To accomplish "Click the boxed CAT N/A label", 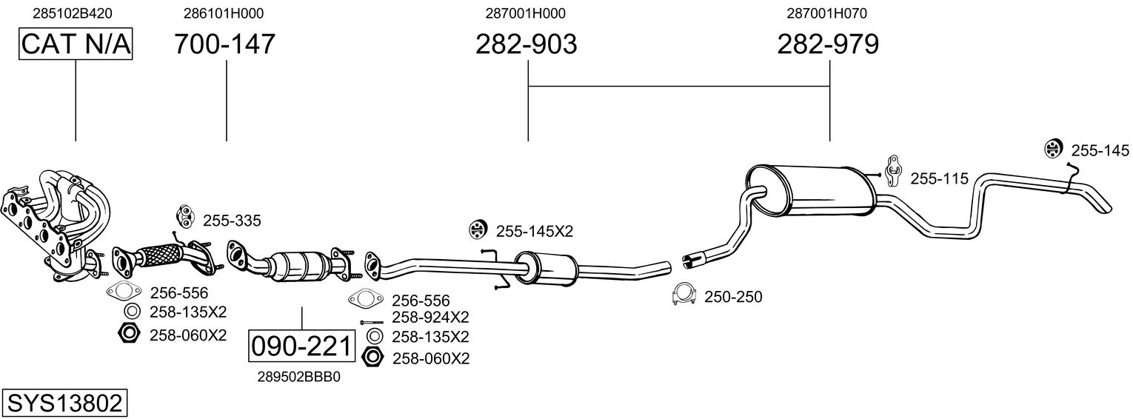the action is [x=76, y=44].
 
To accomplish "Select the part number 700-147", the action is [x=225, y=44].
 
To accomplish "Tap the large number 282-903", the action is [x=526, y=44].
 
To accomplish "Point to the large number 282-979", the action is [x=828, y=44].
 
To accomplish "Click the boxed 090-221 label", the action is [x=301, y=346].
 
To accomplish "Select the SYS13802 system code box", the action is [x=64, y=403].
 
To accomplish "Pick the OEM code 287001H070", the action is [x=826, y=13].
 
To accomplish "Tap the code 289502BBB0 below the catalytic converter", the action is [x=300, y=376].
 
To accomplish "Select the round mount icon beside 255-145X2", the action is [x=478, y=230].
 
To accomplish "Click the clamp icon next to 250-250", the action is [x=684, y=295].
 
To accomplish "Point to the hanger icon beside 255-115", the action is [x=894, y=171].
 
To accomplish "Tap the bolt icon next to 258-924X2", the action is [x=372, y=322].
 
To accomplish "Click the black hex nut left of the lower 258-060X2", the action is [x=372, y=358].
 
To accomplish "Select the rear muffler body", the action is [x=810, y=192].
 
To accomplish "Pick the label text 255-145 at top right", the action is [x=1100, y=151].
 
